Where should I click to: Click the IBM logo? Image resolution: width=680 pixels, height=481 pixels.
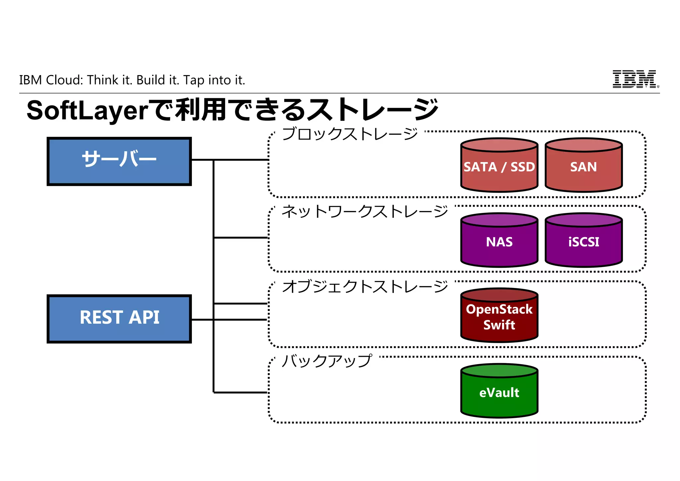click(634, 79)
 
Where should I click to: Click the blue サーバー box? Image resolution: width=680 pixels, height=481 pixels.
click(119, 161)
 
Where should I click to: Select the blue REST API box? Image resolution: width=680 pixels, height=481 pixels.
click(119, 319)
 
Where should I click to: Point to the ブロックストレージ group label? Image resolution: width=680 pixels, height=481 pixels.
click(349, 134)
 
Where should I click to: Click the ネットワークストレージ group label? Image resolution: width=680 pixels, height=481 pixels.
click(365, 211)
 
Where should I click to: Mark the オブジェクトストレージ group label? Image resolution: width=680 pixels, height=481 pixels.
click(365, 286)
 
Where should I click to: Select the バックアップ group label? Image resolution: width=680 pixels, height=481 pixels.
click(327, 361)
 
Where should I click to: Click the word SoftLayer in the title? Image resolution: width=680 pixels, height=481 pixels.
click(87, 111)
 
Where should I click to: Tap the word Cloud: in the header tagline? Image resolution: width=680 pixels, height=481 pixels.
click(64, 80)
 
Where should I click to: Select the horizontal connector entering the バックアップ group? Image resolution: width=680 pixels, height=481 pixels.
click(240, 393)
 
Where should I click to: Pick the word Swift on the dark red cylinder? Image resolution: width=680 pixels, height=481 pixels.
click(499, 325)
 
